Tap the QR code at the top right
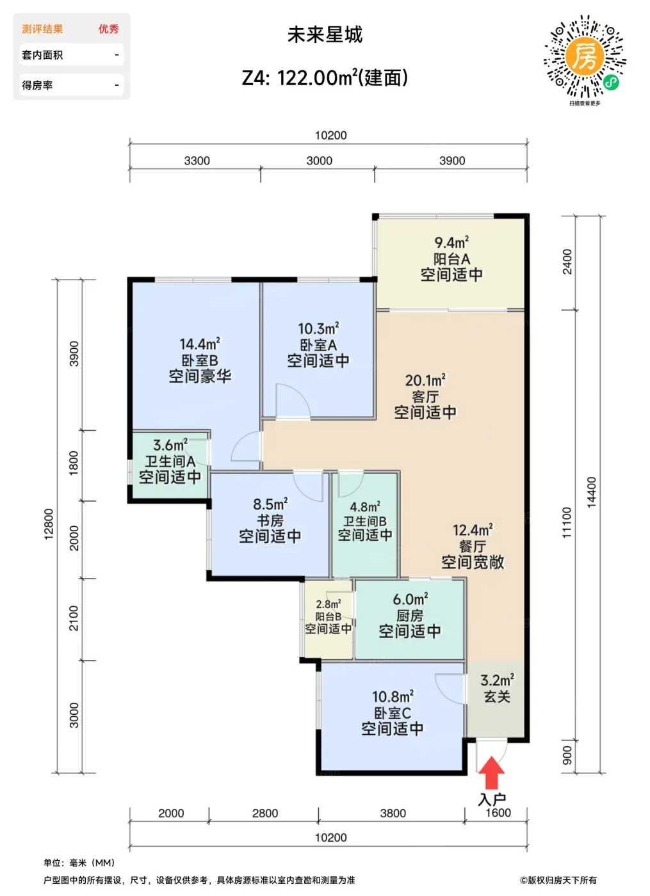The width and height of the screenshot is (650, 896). pos(585,56)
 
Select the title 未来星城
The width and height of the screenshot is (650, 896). pos(325,35)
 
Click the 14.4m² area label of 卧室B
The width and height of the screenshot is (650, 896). pos(200,344)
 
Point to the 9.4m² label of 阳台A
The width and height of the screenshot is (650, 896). pos(451,242)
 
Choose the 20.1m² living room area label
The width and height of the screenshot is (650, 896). pos(425,380)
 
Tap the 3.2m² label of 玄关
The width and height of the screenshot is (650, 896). pos(497,680)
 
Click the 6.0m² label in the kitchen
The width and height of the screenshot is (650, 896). pos(410,599)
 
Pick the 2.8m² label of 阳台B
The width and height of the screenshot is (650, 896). pos(328,604)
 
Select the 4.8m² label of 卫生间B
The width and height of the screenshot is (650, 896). pos(365,507)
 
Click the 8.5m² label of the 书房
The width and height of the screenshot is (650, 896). pos(270,504)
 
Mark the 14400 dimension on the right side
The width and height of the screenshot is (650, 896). pos(592,492)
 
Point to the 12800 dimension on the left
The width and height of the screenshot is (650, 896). pos(49,524)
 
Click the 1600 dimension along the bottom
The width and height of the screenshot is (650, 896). pos(498,813)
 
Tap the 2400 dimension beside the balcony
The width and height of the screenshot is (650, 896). pos(567,262)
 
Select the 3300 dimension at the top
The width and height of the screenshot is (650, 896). pos(197,161)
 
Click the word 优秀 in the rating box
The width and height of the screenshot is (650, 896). pos(108,29)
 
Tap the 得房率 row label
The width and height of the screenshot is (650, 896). pos(37,85)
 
